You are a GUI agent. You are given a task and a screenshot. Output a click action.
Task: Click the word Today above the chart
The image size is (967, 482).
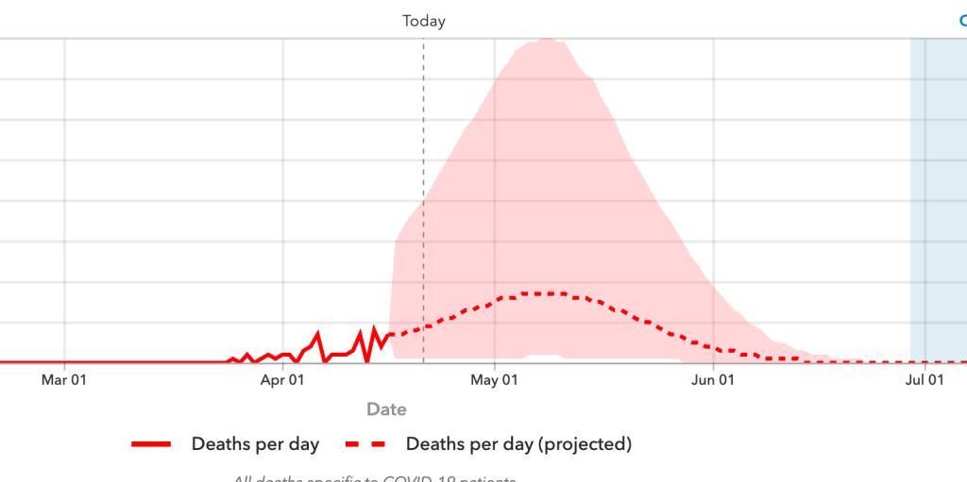pyautogui.click(x=423, y=21)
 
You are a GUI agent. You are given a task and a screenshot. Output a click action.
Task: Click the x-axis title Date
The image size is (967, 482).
pyautogui.click(x=386, y=409)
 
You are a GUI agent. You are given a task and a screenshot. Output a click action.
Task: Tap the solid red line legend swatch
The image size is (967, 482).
pyautogui.click(x=152, y=444)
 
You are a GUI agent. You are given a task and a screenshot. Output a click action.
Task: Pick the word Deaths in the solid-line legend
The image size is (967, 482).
pyautogui.click(x=219, y=444)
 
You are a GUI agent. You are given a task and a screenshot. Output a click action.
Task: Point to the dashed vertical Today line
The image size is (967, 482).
pyautogui.click(x=423, y=189)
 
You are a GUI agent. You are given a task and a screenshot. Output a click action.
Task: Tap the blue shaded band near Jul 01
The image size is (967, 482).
pyautogui.click(x=937, y=189)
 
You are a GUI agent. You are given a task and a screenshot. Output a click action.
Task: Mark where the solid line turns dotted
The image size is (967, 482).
pyautogui.click(x=391, y=335)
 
